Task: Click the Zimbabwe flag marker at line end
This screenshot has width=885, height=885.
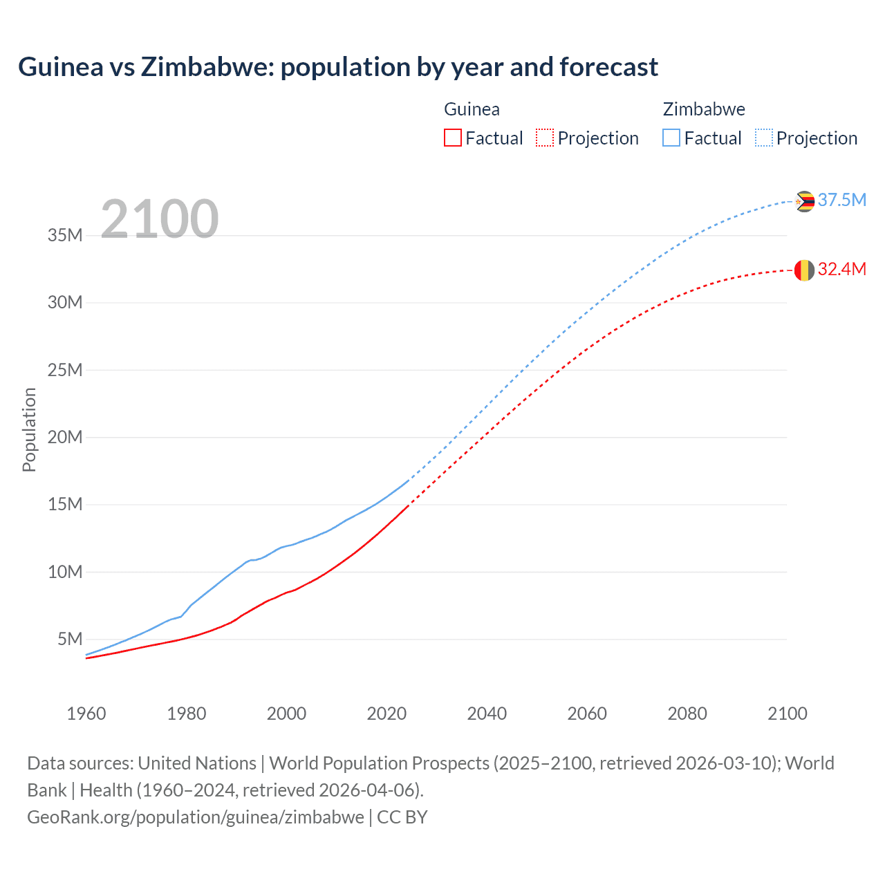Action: click(804, 201)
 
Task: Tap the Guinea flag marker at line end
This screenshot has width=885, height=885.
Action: click(804, 270)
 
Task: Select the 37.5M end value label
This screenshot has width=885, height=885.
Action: click(841, 200)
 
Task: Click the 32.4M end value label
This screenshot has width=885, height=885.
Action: click(841, 269)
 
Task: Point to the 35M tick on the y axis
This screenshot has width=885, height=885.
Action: click(65, 235)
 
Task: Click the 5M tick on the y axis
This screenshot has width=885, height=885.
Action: click(70, 639)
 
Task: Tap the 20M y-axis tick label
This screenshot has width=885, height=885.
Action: click(65, 437)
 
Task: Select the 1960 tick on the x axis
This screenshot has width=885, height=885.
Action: click(86, 714)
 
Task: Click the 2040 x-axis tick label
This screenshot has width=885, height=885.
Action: click(487, 714)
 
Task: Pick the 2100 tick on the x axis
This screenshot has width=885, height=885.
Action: click(787, 714)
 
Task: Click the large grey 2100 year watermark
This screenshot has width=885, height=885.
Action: click(160, 219)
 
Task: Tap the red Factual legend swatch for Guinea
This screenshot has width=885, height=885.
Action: click(452, 138)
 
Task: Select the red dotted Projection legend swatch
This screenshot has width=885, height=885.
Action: click(545, 138)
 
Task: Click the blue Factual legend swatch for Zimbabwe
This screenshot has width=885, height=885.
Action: click(671, 138)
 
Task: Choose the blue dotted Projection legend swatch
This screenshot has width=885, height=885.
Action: click(763, 138)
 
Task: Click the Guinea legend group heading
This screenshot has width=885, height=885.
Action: click(472, 109)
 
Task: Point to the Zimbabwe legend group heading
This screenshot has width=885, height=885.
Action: click(704, 109)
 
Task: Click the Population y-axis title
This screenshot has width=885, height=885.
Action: click(29, 429)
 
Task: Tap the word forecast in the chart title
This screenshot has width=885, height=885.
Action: click(608, 67)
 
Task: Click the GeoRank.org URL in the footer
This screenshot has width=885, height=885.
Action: click(196, 817)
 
